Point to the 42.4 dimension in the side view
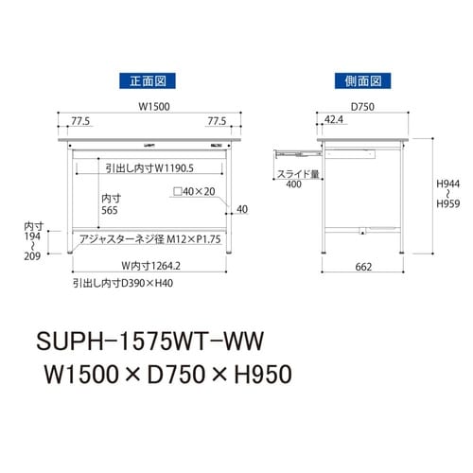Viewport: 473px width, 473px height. point(333,120)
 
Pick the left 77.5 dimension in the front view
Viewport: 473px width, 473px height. point(80,121)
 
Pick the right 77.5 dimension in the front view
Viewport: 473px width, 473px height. point(218,121)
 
